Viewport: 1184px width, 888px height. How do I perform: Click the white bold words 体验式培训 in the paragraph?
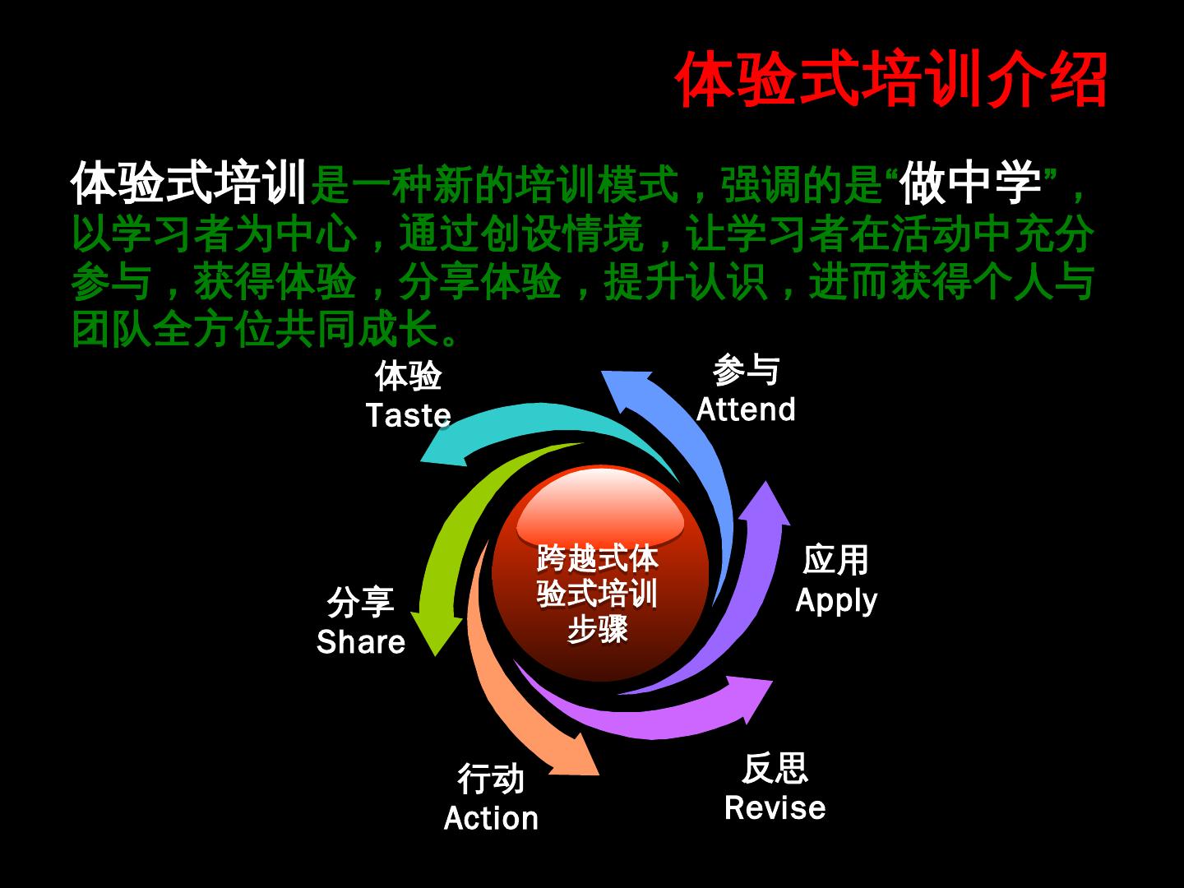pyautogui.click(x=189, y=183)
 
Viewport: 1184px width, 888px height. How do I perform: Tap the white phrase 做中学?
pyautogui.click(x=970, y=183)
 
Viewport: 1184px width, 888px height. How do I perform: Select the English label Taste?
pyautogui.click(x=408, y=415)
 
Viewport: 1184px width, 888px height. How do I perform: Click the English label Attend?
pyautogui.click(x=746, y=409)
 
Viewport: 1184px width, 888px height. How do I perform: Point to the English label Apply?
pyautogui.click(x=835, y=601)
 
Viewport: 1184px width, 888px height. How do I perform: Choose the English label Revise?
pyautogui.click(x=775, y=807)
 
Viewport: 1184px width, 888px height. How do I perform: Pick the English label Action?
pyautogui.click(x=491, y=818)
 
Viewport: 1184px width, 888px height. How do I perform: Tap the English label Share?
pyautogui.click(x=361, y=642)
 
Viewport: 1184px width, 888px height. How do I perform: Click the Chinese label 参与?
pyautogui.click(x=746, y=371)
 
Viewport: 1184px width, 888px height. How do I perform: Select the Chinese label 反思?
pyautogui.click(x=775, y=769)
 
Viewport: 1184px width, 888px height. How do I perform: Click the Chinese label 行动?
pyautogui.click(x=491, y=779)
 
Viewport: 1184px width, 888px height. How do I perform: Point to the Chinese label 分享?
pyautogui.click(x=361, y=603)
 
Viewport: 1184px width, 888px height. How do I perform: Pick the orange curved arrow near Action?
pyautogui.click(x=510, y=707)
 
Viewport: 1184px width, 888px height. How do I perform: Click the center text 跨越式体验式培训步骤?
pyautogui.click(x=598, y=593)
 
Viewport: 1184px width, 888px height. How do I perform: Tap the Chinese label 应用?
pyautogui.click(x=835, y=562)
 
